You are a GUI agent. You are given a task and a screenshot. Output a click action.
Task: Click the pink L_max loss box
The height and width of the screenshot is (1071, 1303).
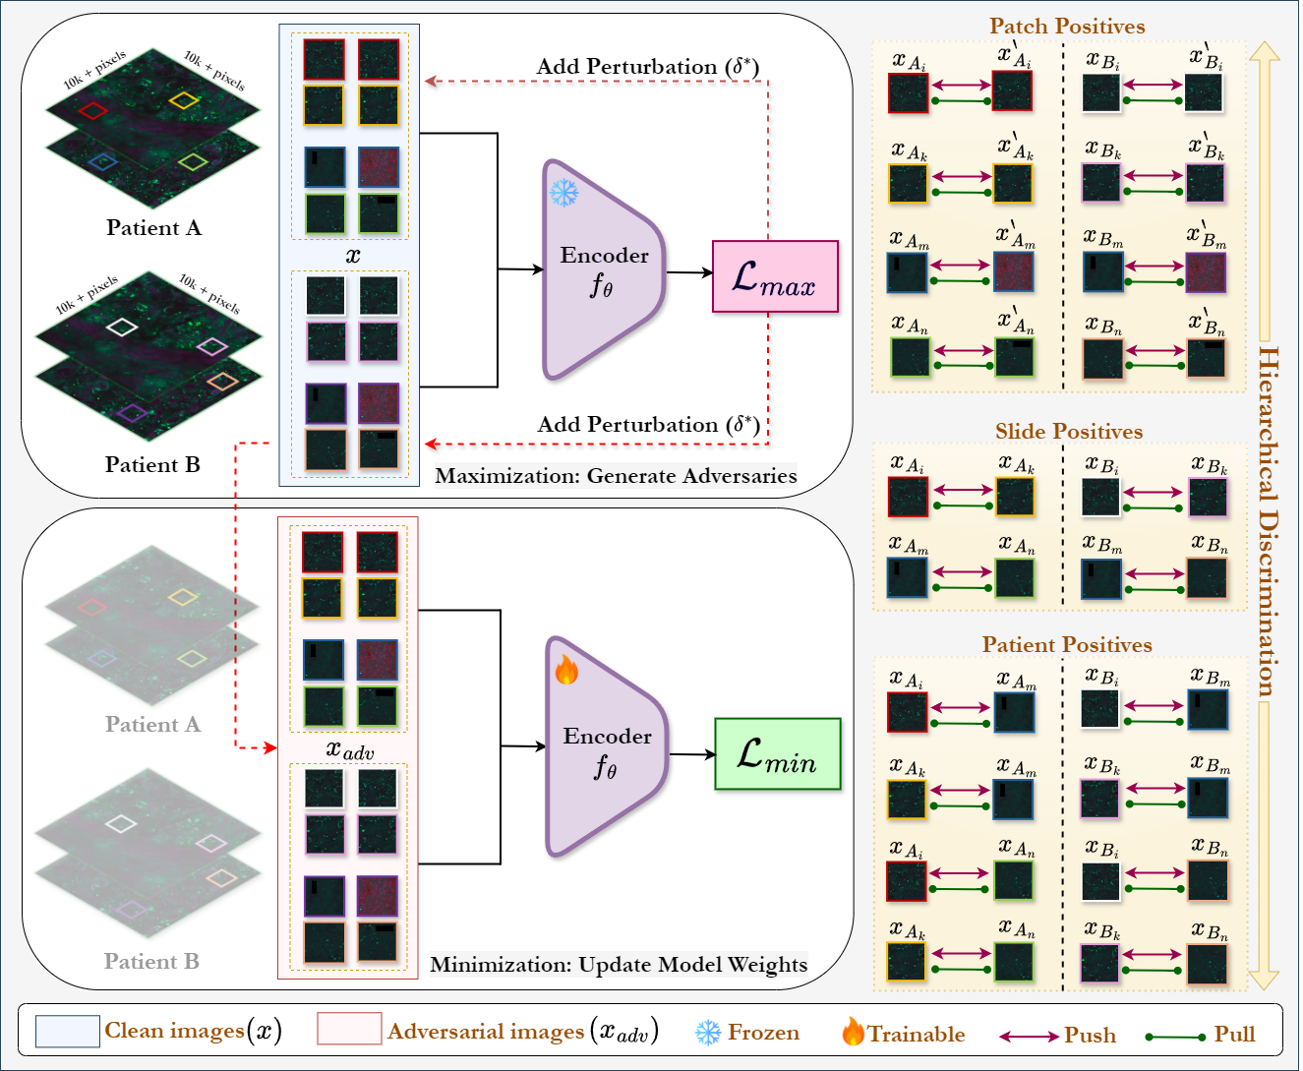[775, 276]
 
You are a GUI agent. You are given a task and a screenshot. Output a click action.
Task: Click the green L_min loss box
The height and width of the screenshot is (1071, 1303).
[778, 754]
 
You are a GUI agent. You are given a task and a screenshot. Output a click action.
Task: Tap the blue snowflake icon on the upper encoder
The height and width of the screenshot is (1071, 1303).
[564, 193]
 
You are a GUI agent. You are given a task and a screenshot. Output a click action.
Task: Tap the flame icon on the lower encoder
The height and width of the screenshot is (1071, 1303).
[566, 670]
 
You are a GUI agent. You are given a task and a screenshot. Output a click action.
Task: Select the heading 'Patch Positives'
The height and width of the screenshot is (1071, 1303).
[1067, 26]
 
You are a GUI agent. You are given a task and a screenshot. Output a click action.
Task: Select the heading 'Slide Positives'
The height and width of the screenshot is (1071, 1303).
[1069, 431]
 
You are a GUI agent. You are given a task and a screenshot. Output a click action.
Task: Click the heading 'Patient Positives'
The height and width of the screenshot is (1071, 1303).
[1067, 644]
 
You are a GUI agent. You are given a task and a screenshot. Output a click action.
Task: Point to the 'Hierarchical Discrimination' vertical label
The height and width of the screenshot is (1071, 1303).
[1268, 521]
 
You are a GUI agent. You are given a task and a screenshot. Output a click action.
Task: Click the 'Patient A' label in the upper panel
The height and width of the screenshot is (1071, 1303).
[153, 227]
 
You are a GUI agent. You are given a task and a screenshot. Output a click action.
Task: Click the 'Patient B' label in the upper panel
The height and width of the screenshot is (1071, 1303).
[152, 464]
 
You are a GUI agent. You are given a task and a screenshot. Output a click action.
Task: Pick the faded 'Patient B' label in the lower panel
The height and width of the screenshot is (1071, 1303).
[152, 961]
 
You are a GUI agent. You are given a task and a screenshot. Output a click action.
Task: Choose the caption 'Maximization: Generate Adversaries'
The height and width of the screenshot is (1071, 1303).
[616, 476]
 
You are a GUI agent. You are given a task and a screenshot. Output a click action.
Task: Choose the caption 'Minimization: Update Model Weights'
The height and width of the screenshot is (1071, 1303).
[620, 965]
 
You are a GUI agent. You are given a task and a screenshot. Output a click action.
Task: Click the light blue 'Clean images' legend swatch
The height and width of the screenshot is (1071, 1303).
[67, 1031]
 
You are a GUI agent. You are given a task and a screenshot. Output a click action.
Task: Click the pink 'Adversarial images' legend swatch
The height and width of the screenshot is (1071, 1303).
[349, 1029]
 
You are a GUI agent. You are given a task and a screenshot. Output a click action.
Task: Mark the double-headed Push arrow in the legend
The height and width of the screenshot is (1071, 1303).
[1029, 1037]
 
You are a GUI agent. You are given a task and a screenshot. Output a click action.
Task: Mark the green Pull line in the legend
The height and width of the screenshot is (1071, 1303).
[1175, 1037]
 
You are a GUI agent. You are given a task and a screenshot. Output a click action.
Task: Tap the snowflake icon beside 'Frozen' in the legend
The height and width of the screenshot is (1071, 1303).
[708, 1033]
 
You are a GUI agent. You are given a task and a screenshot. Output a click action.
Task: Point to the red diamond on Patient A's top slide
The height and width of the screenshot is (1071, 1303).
[92, 110]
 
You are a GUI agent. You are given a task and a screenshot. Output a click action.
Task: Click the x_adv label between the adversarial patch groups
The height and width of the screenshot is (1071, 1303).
[350, 749]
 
